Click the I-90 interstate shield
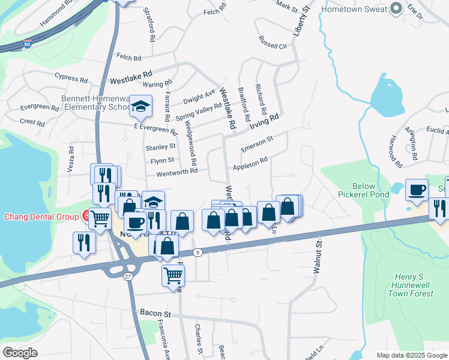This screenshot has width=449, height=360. tap(27, 44)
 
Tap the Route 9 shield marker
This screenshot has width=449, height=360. tap(197, 253)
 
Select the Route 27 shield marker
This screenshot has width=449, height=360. tap(128, 275)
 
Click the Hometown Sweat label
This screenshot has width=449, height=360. tap(354, 10)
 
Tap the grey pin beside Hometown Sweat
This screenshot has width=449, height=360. tap(396, 8)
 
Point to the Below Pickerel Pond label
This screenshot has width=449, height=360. tap(372, 191)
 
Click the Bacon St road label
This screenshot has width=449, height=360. tap(155, 313)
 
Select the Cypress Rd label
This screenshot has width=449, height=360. tap(71, 77)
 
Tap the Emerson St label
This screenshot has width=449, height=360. tap(257, 143)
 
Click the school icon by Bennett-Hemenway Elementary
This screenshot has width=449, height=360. tap(140, 106)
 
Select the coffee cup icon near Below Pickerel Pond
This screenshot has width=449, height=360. tap(417, 190)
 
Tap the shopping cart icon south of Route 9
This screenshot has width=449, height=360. tap(173, 275)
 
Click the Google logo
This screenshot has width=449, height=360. tap(20, 353)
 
